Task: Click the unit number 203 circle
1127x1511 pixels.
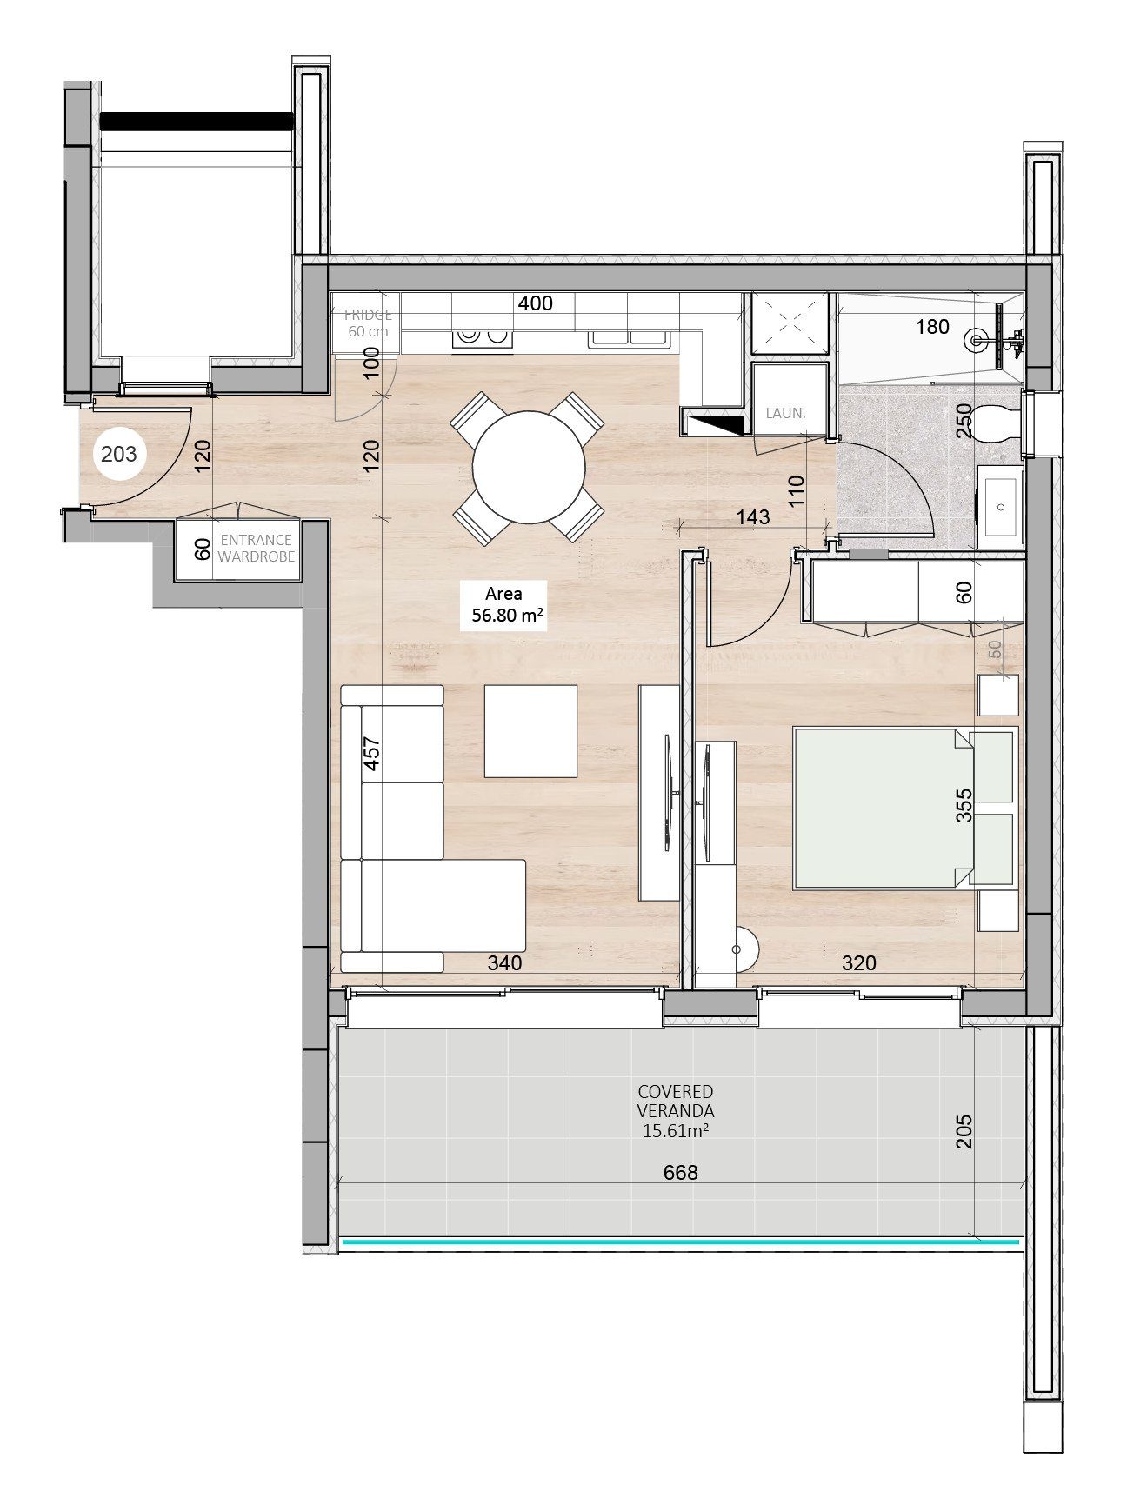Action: click(119, 453)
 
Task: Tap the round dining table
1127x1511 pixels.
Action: click(529, 468)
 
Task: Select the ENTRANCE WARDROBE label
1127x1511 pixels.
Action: click(256, 549)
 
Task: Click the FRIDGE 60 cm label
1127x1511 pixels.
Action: click(368, 323)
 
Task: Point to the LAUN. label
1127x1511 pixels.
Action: click(786, 414)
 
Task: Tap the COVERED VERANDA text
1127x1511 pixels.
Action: click(676, 1101)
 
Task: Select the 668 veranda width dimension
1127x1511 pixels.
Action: click(681, 1173)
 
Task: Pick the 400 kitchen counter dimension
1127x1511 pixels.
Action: click(535, 303)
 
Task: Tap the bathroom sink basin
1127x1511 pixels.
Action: click(1001, 507)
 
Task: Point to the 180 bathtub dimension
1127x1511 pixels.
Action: click(932, 327)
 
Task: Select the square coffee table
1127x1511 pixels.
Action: click(530, 731)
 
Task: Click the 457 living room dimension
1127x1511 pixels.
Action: click(371, 755)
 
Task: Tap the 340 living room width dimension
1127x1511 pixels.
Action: click(504, 963)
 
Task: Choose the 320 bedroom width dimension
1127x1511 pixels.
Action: click(859, 963)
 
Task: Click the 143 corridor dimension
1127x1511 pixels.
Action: click(752, 516)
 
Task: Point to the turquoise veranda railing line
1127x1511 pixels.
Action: click(681, 1242)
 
